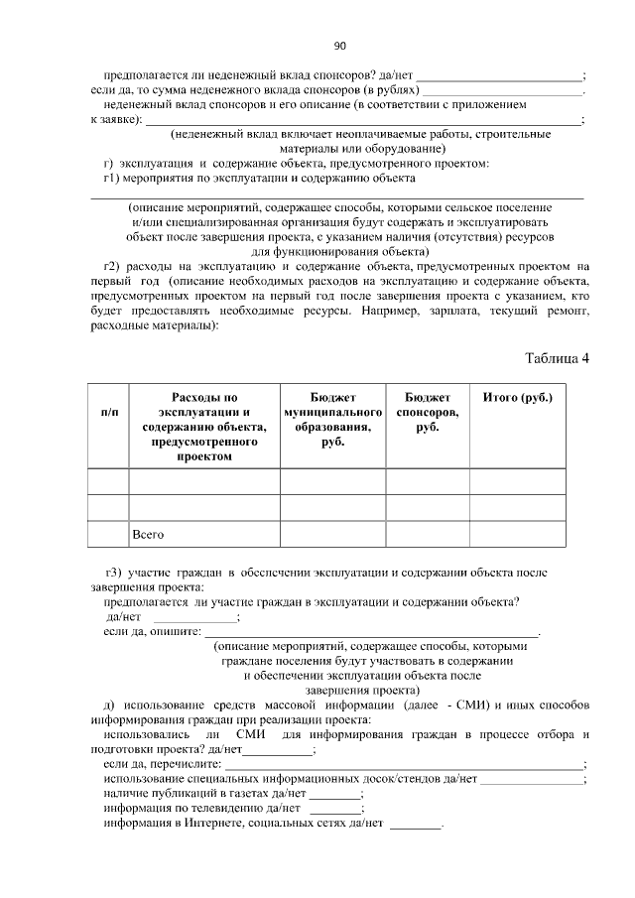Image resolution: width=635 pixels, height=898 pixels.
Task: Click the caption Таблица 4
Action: [x=556, y=358]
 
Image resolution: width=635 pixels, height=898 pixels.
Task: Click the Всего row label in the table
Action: [x=148, y=535]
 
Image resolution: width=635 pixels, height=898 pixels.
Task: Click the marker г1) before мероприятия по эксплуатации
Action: [x=112, y=179]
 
